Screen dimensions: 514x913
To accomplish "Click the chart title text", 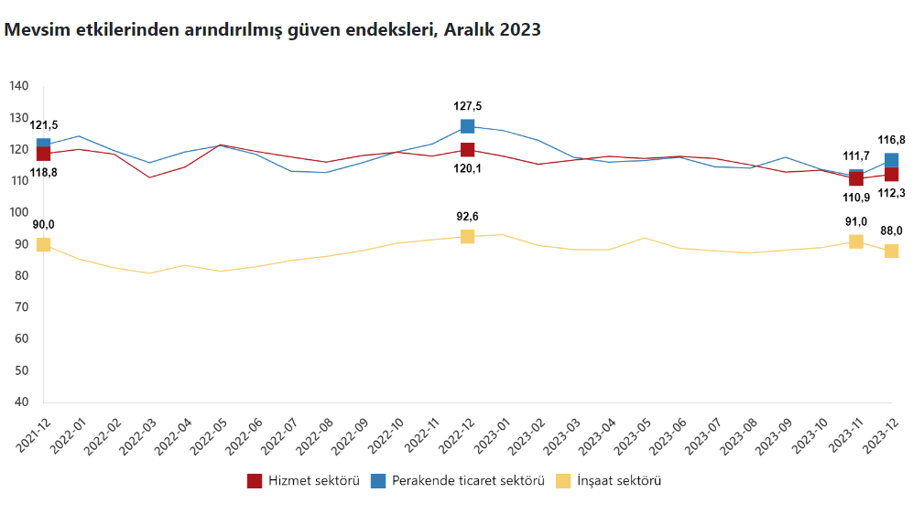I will tap(273, 29).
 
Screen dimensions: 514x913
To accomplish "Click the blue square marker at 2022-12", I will tap(467, 126).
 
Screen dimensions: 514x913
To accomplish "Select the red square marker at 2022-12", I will tap(467, 150).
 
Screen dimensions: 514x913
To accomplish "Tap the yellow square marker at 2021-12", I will tap(43, 244).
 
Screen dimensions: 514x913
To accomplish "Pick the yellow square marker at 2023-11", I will tap(855, 241).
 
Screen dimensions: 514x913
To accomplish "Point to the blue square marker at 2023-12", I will tap(891, 161).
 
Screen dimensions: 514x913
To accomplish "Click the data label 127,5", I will tap(467, 106).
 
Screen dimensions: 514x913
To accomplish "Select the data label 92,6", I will tap(467, 217).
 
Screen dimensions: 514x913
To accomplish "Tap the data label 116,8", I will tap(891, 140).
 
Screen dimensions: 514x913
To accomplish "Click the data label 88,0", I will tap(891, 231).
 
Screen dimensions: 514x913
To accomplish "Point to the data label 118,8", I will tap(43, 172).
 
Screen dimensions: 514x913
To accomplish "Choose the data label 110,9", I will tap(855, 197).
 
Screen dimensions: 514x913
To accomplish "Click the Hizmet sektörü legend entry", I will tap(303, 480).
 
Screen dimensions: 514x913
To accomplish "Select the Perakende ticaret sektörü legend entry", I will tap(458, 480).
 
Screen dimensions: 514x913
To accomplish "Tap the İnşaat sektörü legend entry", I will tap(608, 480).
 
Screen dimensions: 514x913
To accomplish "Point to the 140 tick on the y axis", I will tap(19, 86).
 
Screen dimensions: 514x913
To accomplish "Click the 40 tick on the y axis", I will tap(22, 402).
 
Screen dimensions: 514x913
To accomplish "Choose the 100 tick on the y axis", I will tap(19, 212).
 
